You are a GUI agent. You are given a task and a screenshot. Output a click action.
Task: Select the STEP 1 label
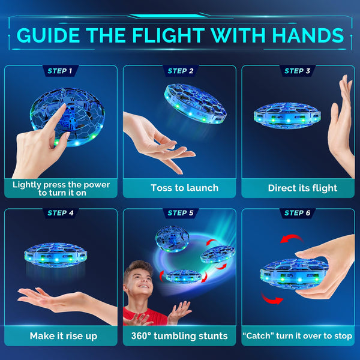(60, 71)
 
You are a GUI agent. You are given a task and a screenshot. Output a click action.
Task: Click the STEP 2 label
(181, 71)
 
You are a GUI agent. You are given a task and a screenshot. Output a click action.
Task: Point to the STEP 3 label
(298, 71)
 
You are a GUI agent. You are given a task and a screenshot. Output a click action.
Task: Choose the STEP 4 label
(60, 213)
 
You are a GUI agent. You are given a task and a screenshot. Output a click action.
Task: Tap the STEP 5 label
(181, 213)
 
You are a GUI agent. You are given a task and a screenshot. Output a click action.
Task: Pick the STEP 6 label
(298, 213)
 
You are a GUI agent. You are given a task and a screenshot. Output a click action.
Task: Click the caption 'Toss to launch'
(180, 188)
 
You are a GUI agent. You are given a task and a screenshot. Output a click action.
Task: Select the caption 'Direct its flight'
(302, 188)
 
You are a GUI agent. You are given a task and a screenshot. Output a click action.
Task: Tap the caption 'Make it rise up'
(63, 335)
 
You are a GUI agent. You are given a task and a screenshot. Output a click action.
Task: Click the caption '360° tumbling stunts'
(179, 335)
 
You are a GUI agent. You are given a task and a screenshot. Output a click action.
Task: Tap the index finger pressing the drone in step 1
(56, 117)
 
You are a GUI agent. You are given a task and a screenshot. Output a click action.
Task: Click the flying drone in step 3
(287, 115)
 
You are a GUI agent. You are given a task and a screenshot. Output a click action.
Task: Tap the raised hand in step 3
(343, 120)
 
